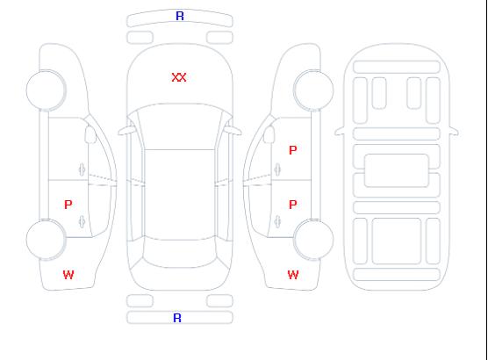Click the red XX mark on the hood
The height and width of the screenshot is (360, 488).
click(x=179, y=77)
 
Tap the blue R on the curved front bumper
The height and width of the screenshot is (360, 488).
click(x=180, y=16)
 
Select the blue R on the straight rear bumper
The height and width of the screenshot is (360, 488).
click(x=177, y=318)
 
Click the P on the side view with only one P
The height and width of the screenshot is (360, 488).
click(x=68, y=205)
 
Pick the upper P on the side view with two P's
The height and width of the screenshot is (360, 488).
click(x=293, y=150)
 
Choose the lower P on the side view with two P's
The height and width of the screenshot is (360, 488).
click(x=293, y=205)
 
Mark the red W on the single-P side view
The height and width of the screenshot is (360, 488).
click(x=68, y=275)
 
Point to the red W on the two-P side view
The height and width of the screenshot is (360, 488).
click(x=293, y=275)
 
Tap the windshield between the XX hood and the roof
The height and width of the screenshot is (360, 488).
click(x=180, y=126)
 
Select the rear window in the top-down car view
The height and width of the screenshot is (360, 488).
click(x=180, y=254)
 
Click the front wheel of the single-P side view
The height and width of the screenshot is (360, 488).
click(x=46, y=90)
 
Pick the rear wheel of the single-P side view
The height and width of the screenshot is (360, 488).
click(x=46, y=240)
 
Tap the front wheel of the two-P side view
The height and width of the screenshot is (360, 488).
click(x=313, y=90)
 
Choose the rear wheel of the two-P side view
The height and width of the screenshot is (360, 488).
click(x=313, y=240)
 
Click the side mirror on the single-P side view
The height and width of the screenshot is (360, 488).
click(x=90, y=134)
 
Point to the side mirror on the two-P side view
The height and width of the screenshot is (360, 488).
click(x=269, y=134)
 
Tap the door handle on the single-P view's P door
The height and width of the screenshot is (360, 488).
click(x=82, y=221)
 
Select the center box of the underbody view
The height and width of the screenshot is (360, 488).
click(x=397, y=170)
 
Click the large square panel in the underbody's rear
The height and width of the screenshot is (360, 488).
click(x=397, y=241)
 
